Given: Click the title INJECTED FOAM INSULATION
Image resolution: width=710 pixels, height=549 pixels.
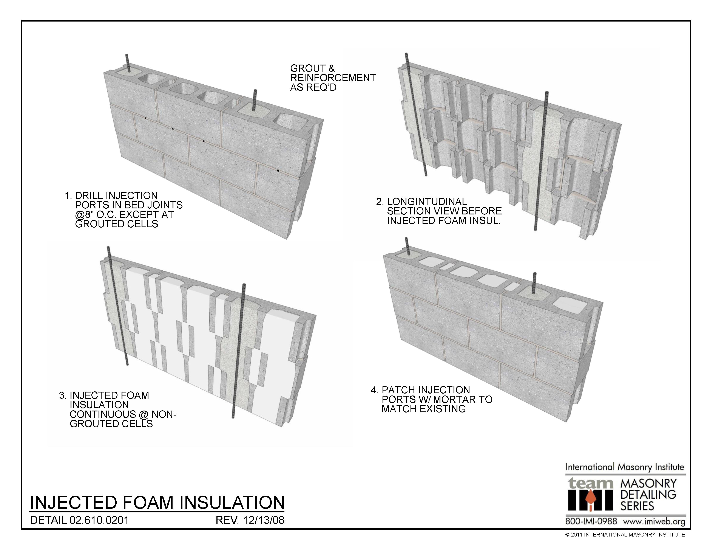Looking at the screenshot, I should click(157, 502).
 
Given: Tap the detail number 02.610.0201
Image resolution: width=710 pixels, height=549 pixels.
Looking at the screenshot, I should click(99, 520).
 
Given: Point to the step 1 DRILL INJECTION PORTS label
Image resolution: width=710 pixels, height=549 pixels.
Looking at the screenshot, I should click(123, 210).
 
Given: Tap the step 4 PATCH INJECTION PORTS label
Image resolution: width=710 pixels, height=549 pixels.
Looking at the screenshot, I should click(432, 399).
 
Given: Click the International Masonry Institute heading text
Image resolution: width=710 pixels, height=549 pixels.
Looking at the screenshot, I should click(625, 467).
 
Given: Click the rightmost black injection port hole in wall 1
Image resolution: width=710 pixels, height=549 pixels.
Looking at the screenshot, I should click(278, 171).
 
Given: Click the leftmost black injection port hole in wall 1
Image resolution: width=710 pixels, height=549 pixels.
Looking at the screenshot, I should click(145, 117).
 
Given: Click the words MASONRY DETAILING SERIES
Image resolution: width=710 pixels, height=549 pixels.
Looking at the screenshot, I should click(648, 495).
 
